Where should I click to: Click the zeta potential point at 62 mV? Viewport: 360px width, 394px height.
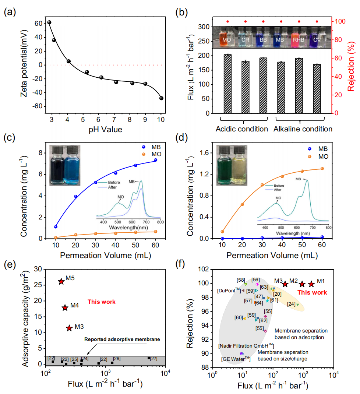coord(49,22)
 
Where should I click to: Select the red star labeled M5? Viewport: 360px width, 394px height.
coord(61,281)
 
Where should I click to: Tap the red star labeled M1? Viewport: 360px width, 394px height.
coord(311,284)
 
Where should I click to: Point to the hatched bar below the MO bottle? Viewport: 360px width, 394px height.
coord(227,84)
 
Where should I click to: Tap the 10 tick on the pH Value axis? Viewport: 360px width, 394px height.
coord(161,120)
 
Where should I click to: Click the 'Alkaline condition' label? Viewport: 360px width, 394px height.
coord(303,129)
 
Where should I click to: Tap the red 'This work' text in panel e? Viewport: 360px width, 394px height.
coord(102,302)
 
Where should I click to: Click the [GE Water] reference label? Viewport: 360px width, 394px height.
coord(236,359)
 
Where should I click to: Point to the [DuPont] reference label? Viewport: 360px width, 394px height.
coord(229,291)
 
